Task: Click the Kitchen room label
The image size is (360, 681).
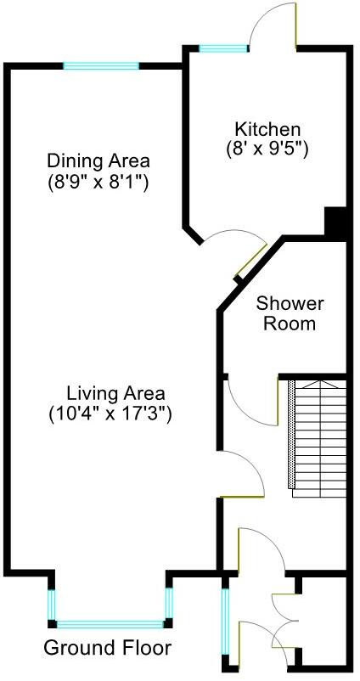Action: pos(268,130)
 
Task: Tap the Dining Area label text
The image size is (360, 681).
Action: pos(98,160)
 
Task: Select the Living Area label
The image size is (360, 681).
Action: pos(115,394)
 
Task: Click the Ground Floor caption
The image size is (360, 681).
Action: pos(108,648)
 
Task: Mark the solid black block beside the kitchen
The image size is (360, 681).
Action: pos(337,222)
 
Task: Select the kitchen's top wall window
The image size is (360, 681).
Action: pos(223,48)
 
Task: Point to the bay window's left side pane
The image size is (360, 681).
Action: pos(52,604)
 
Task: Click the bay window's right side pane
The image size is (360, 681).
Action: pos(169,604)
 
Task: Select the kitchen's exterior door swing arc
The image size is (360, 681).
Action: pos(273,22)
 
